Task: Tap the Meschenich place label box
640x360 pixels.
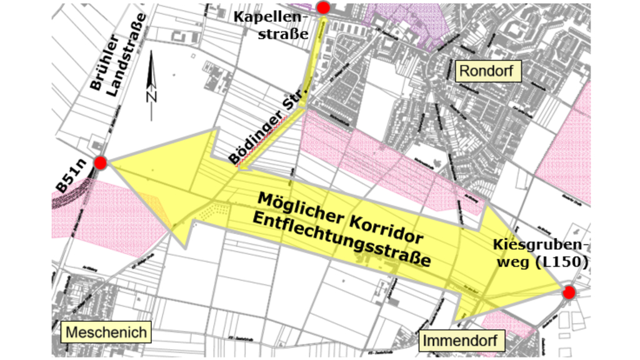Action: (106, 332)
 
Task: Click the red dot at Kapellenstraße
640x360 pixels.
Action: (323, 7)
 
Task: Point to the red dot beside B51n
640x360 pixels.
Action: (100, 163)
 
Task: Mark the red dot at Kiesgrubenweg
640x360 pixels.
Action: (568, 292)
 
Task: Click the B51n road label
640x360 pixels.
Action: (70, 175)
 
